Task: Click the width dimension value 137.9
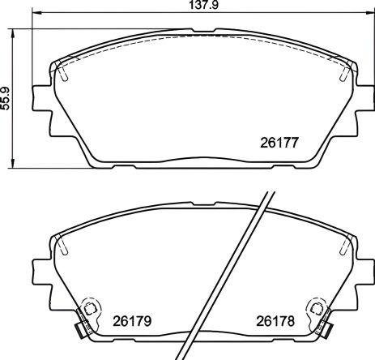[x=187, y=5]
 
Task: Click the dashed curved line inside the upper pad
[x=202, y=36]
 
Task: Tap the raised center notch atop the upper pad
[x=202, y=30]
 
